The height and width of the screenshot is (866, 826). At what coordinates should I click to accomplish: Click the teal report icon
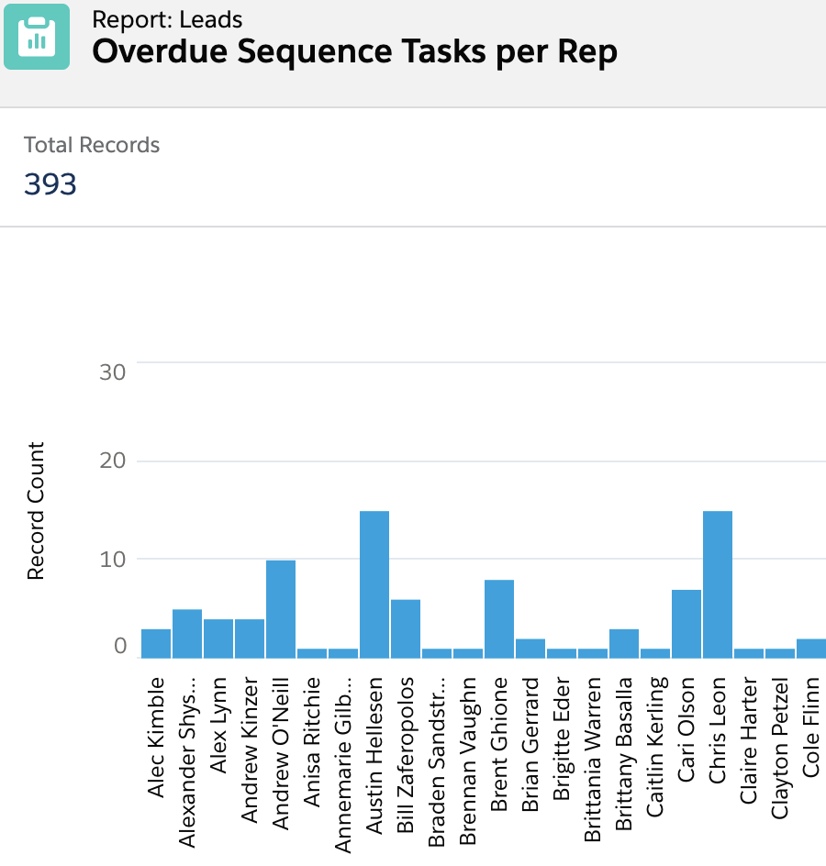click(x=37, y=37)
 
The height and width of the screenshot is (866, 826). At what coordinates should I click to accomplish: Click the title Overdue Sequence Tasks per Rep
click(x=354, y=52)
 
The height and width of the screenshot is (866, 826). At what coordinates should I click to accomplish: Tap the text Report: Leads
click(x=167, y=18)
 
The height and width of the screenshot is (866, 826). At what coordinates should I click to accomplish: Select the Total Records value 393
click(x=50, y=184)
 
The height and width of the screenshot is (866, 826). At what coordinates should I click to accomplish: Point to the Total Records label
click(x=92, y=145)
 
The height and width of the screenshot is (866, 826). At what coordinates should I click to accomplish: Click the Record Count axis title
click(x=36, y=510)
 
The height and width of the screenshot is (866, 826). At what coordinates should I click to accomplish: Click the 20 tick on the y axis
click(x=112, y=461)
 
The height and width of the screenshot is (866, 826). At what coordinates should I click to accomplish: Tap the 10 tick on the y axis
click(x=112, y=559)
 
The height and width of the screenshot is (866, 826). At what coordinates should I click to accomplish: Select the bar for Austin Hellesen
click(x=374, y=584)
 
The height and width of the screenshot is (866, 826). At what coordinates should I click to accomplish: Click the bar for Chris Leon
click(x=718, y=584)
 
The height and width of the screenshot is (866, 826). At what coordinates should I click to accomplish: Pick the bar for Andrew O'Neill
click(x=281, y=609)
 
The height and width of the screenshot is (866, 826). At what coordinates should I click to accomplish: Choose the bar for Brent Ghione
click(x=499, y=619)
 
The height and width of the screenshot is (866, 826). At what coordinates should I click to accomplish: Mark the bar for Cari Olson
click(x=686, y=624)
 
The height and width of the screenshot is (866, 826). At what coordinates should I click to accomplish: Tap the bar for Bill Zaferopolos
click(x=406, y=629)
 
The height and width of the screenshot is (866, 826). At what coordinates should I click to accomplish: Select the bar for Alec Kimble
click(x=156, y=644)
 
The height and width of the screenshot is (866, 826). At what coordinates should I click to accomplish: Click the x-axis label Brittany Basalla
click(x=624, y=754)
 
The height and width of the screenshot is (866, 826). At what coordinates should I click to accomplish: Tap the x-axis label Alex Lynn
click(x=218, y=726)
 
